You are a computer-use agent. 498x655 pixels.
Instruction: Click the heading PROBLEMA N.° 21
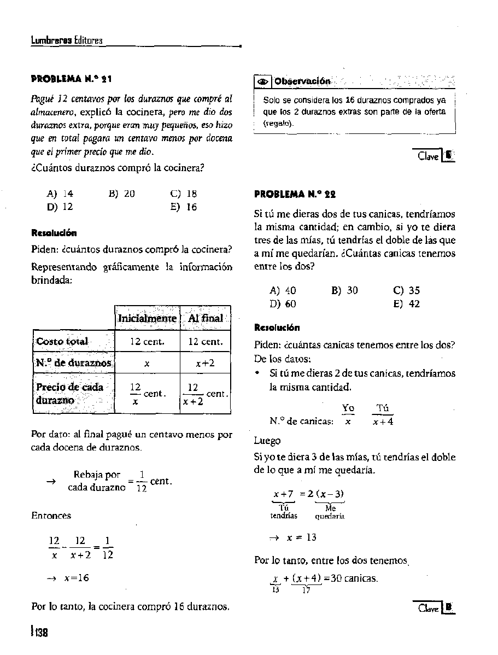[x=72, y=80]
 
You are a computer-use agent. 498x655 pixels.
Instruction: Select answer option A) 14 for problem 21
[x=60, y=193]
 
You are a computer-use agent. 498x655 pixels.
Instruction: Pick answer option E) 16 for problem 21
[x=184, y=207]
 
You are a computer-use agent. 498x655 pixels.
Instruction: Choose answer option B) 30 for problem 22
[x=344, y=290]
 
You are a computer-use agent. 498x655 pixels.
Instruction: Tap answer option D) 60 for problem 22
[x=283, y=304]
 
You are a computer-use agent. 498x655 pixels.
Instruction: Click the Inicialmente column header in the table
[x=147, y=318]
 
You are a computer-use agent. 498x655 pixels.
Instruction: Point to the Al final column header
[x=205, y=318]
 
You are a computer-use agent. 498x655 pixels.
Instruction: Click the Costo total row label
[x=62, y=342]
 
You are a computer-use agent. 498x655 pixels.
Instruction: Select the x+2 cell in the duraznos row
[x=205, y=363]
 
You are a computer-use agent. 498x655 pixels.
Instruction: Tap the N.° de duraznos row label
[x=74, y=363]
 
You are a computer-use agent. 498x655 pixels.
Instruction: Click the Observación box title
[x=302, y=81]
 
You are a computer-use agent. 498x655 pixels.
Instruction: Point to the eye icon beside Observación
[x=263, y=81]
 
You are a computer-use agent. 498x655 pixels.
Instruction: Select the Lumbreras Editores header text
[x=67, y=41]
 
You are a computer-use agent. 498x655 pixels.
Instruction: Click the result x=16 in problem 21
[x=77, y=578]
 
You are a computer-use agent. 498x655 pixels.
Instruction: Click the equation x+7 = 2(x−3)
[x=308, y=494]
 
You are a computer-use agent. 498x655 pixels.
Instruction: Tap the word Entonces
[x=51, y=516]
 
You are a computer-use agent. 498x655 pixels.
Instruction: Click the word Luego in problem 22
[x=267, y=441]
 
